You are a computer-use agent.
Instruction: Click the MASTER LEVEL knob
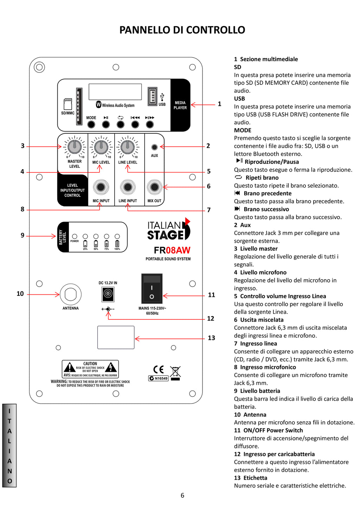[x=75, y=146]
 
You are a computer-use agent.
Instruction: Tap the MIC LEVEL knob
[x=101, y=147]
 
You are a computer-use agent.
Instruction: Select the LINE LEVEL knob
[x=128, y=147]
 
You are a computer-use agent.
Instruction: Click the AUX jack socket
[x=154, y=147]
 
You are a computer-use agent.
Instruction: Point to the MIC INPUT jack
[x=101, y=187]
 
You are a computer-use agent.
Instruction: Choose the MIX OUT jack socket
[x=154, y=187]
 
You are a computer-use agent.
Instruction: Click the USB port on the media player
[x=153, y=96]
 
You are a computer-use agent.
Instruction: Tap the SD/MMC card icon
[x=68, y=104]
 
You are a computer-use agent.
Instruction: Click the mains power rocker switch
[x=152, y=288]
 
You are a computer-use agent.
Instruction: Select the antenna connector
[x=71, y=294]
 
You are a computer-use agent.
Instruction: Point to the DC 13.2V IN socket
[x=108, y=294]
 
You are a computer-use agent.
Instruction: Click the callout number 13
[x=211, y=338]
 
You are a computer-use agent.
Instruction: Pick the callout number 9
[x=22, y=235]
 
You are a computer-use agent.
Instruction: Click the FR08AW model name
[x=172, y=250]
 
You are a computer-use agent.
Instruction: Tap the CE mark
[x=159, y=369]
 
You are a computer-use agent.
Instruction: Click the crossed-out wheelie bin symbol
[x=175, y=373]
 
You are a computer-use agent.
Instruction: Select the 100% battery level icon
[x=117, y=243]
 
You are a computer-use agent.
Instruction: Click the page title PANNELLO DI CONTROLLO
[x=182, y=30]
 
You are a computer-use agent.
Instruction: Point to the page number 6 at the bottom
[x=182, y=495]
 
